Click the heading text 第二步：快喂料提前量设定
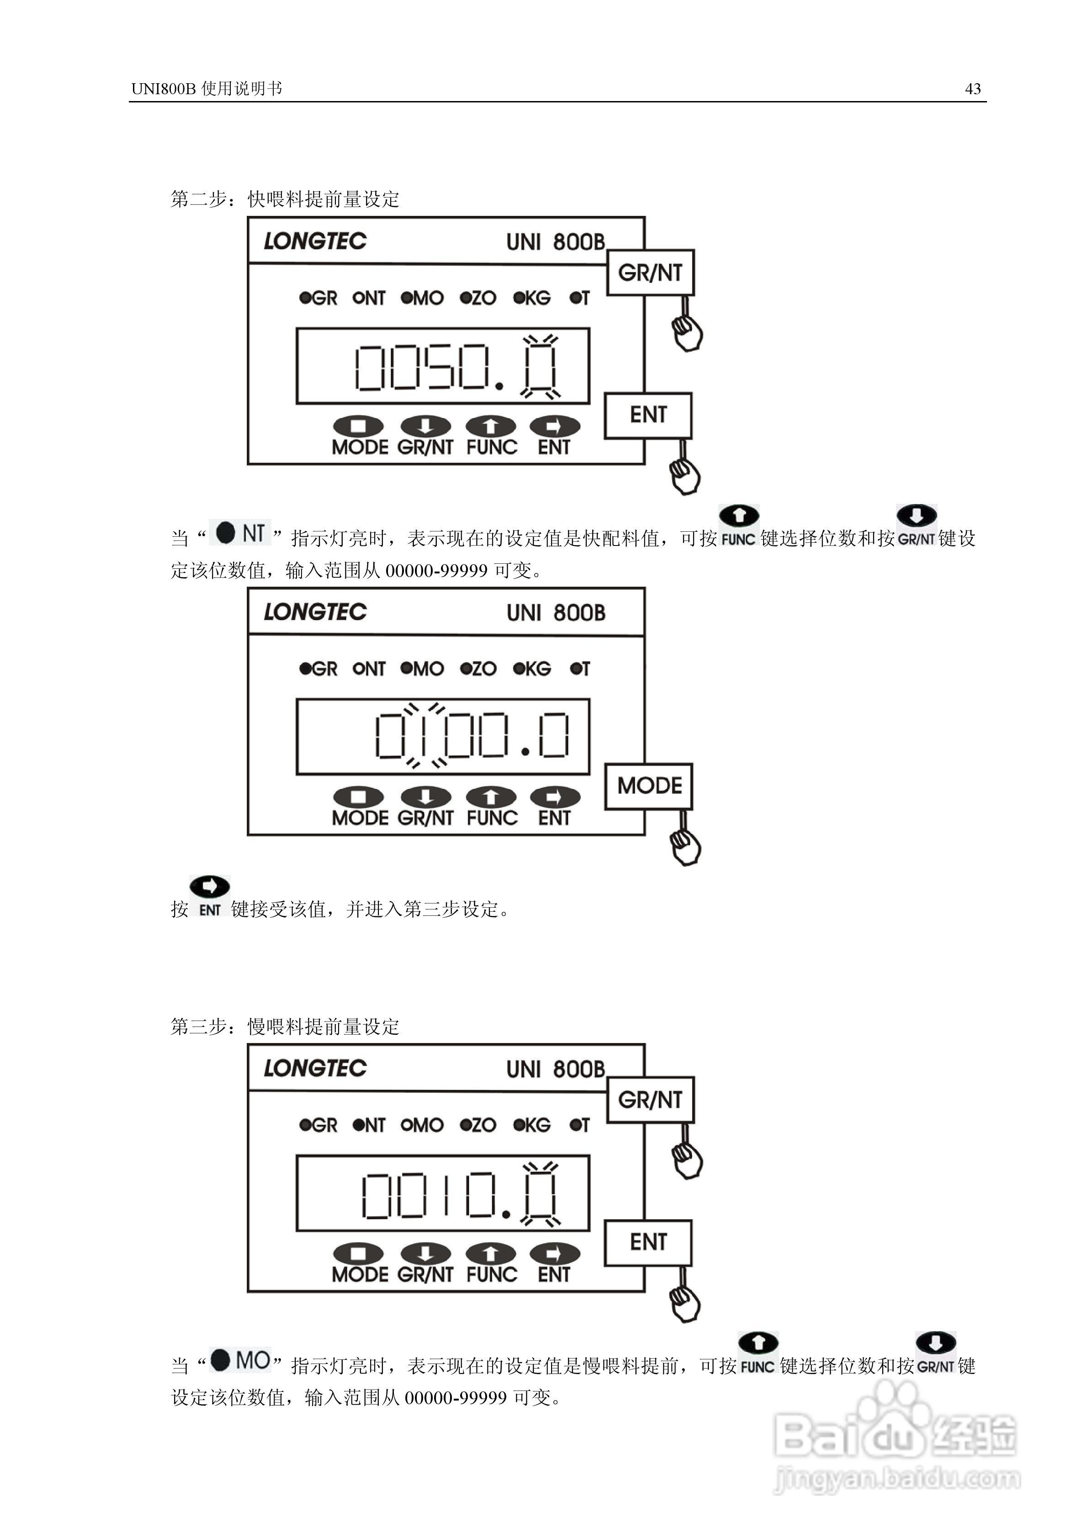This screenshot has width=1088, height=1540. point(285,199)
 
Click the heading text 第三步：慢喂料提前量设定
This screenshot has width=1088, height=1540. point(285,1026)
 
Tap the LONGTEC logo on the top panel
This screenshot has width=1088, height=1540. point(315,241)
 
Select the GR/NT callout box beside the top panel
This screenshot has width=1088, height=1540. point(650,273)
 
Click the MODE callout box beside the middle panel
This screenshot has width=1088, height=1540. point(649,786)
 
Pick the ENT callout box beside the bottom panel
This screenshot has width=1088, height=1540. point(648,1242)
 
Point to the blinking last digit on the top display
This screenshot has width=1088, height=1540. point(540,367)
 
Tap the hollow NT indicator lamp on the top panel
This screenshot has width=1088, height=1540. point(358,298)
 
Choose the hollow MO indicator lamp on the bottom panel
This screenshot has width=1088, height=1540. point(406,1125)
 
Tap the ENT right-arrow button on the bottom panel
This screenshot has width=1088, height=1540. point(554,1254)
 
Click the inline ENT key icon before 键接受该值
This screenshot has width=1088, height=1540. point(210,895)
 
